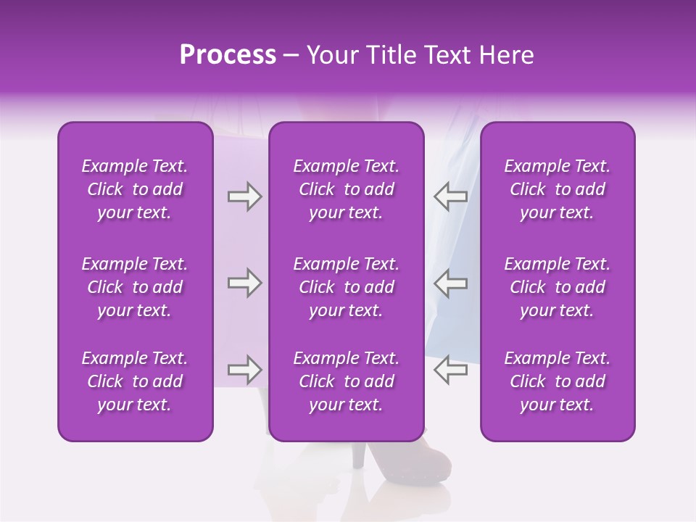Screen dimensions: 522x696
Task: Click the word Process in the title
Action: click(x=228, y=55)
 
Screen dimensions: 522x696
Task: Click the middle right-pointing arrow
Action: click(x=244, y=283)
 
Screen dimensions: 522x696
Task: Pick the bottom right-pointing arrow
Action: click(x=244, y=370)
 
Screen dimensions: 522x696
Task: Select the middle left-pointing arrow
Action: click(x=450, y=283)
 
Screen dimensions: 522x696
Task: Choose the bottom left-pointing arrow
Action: click(x=450, y=370)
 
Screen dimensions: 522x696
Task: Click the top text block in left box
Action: click(x=135, y=189)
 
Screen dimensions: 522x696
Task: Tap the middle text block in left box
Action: click(x=135, y=287)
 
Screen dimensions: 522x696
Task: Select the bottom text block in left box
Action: click(x=135, y=381)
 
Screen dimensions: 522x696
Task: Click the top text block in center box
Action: click(x=347, y=189)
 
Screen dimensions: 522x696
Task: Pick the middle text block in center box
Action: click(x=347, y=287)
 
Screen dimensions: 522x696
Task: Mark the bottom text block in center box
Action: click(x=347, y=381)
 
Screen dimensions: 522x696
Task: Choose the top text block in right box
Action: click(x=558, y=189)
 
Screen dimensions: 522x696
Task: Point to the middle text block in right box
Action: click(x=558, y=287)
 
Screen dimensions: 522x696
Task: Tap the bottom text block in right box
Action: click(x=558, y=381)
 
